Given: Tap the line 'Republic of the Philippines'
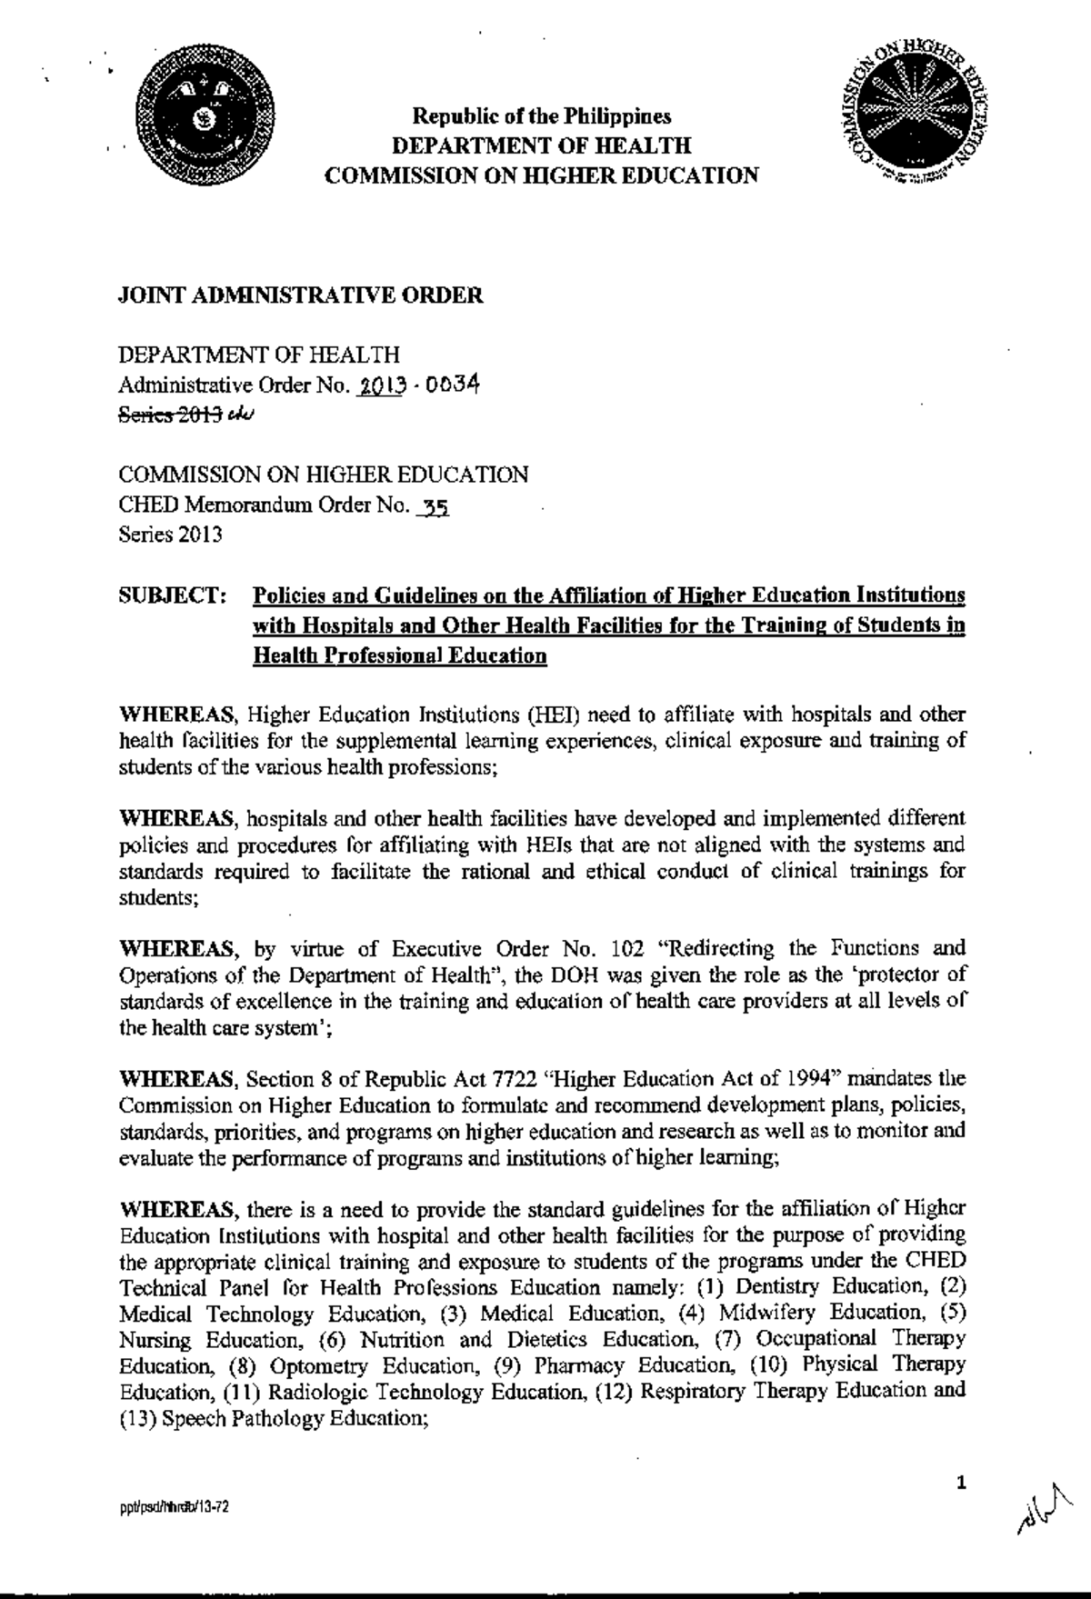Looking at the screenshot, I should pos(542,117).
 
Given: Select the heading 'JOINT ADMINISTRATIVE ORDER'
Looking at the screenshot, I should pos(301,296).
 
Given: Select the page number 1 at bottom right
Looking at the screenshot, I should pos(960,1484).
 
